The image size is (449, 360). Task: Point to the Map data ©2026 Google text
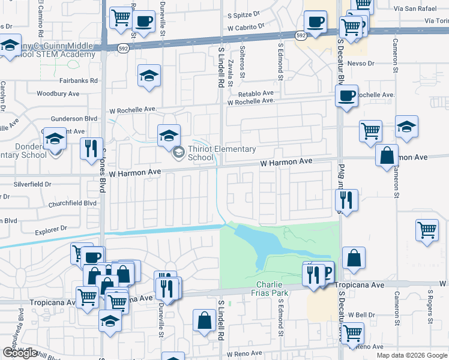pyautogui.click(x=412, y=355)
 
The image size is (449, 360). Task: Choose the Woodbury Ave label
pyautogui.click(x=58, y=94)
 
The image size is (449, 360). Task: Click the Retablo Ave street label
pyautogui.click(x=256, y=93)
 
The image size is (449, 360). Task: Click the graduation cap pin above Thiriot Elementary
pyautogui.click(x=169, y=134)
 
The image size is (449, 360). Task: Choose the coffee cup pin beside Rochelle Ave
pyautogui.click(x=346, y=96)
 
